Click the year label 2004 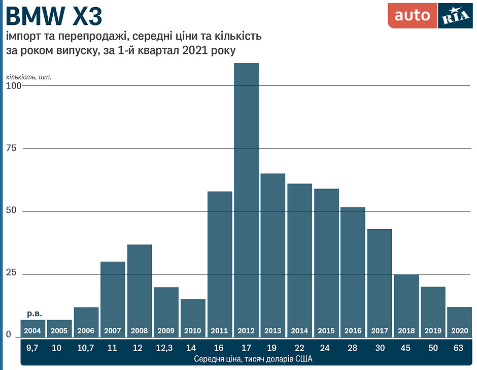[33, 331]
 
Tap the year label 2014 [299, 331]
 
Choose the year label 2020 [459, 331]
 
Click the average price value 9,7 [33, 348]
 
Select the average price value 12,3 [166, 348]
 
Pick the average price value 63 [459, 348]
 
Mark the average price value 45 [406, 348]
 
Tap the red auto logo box [412, 16]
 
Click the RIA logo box [455, 16]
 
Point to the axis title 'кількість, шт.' [29, 77]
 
